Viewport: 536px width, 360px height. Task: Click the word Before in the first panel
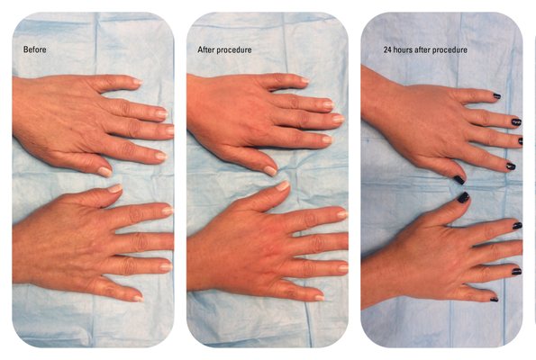coord(34,49)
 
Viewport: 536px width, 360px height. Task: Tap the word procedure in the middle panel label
coord(234,49)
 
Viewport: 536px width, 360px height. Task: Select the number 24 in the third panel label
coord(387,49)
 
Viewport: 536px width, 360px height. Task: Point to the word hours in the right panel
coord(403,49)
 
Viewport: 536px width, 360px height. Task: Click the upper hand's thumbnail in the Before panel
coord(104,172)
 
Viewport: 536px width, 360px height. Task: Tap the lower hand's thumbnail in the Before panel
coord(115,188)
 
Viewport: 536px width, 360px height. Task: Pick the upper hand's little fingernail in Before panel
coord(138,82)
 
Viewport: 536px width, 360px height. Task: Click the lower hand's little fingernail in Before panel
coord(138,299)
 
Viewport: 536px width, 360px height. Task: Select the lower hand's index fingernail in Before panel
coord(168,211)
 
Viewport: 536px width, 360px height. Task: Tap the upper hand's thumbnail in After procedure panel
coord(270,171)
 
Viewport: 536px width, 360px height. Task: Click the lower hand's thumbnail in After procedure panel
coord(283,185)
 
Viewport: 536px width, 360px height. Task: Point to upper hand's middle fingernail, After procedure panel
coord(338,119)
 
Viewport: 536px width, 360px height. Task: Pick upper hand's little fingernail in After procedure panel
coord(304,81)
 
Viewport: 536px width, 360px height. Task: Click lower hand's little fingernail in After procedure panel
coord(320,298)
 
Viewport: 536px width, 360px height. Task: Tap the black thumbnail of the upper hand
coord(459,180)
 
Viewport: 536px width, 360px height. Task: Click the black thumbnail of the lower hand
coord(464,197)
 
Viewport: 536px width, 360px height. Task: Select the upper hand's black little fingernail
coord(497,96)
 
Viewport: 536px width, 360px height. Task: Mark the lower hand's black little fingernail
coord(495,299)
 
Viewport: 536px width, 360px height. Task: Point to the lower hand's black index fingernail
coord(517,225)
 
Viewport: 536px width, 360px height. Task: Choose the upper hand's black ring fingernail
coord(516,121)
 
